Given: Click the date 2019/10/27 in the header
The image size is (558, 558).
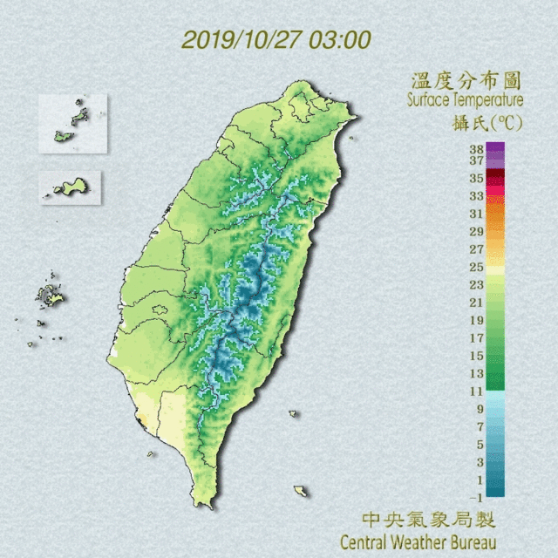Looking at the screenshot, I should click(x=234, y=39).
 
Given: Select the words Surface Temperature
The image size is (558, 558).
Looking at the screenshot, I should click(x=464, y=100).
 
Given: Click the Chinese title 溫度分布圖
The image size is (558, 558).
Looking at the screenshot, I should click(x=466, y=81).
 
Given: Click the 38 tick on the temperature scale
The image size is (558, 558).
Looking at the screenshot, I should click(x=476, y=149).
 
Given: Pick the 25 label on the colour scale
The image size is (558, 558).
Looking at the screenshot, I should click(x=476, y=267).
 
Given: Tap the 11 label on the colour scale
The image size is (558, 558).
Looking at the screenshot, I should click(x=476, y=391).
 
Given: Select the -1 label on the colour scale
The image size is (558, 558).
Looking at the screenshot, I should click(x=476, y=497).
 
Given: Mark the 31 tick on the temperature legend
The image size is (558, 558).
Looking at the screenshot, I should click(x=476, y=214).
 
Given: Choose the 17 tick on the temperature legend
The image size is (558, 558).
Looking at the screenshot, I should click(x=476, y=338).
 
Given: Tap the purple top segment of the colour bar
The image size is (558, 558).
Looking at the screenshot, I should click(x=495, y=150).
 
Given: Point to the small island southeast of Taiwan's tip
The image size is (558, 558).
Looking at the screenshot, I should click(x=301, y=491).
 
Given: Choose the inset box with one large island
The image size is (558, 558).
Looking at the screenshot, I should click(x=70, y=187).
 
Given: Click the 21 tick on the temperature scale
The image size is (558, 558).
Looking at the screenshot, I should click(x=476, y=303).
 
